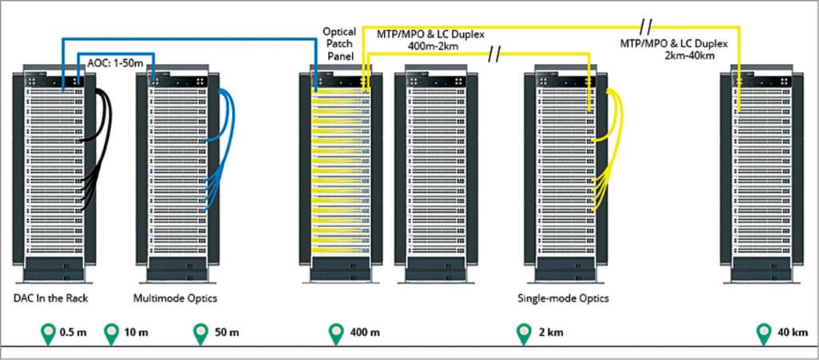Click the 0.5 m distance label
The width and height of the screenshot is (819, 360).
tap(72, 331)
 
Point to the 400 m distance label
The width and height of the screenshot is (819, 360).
tap(364, 331)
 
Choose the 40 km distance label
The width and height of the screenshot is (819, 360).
tap(791, 331)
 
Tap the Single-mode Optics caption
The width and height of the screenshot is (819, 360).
tap(563, 298)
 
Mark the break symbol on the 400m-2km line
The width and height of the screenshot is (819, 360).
tap(495, 55)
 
